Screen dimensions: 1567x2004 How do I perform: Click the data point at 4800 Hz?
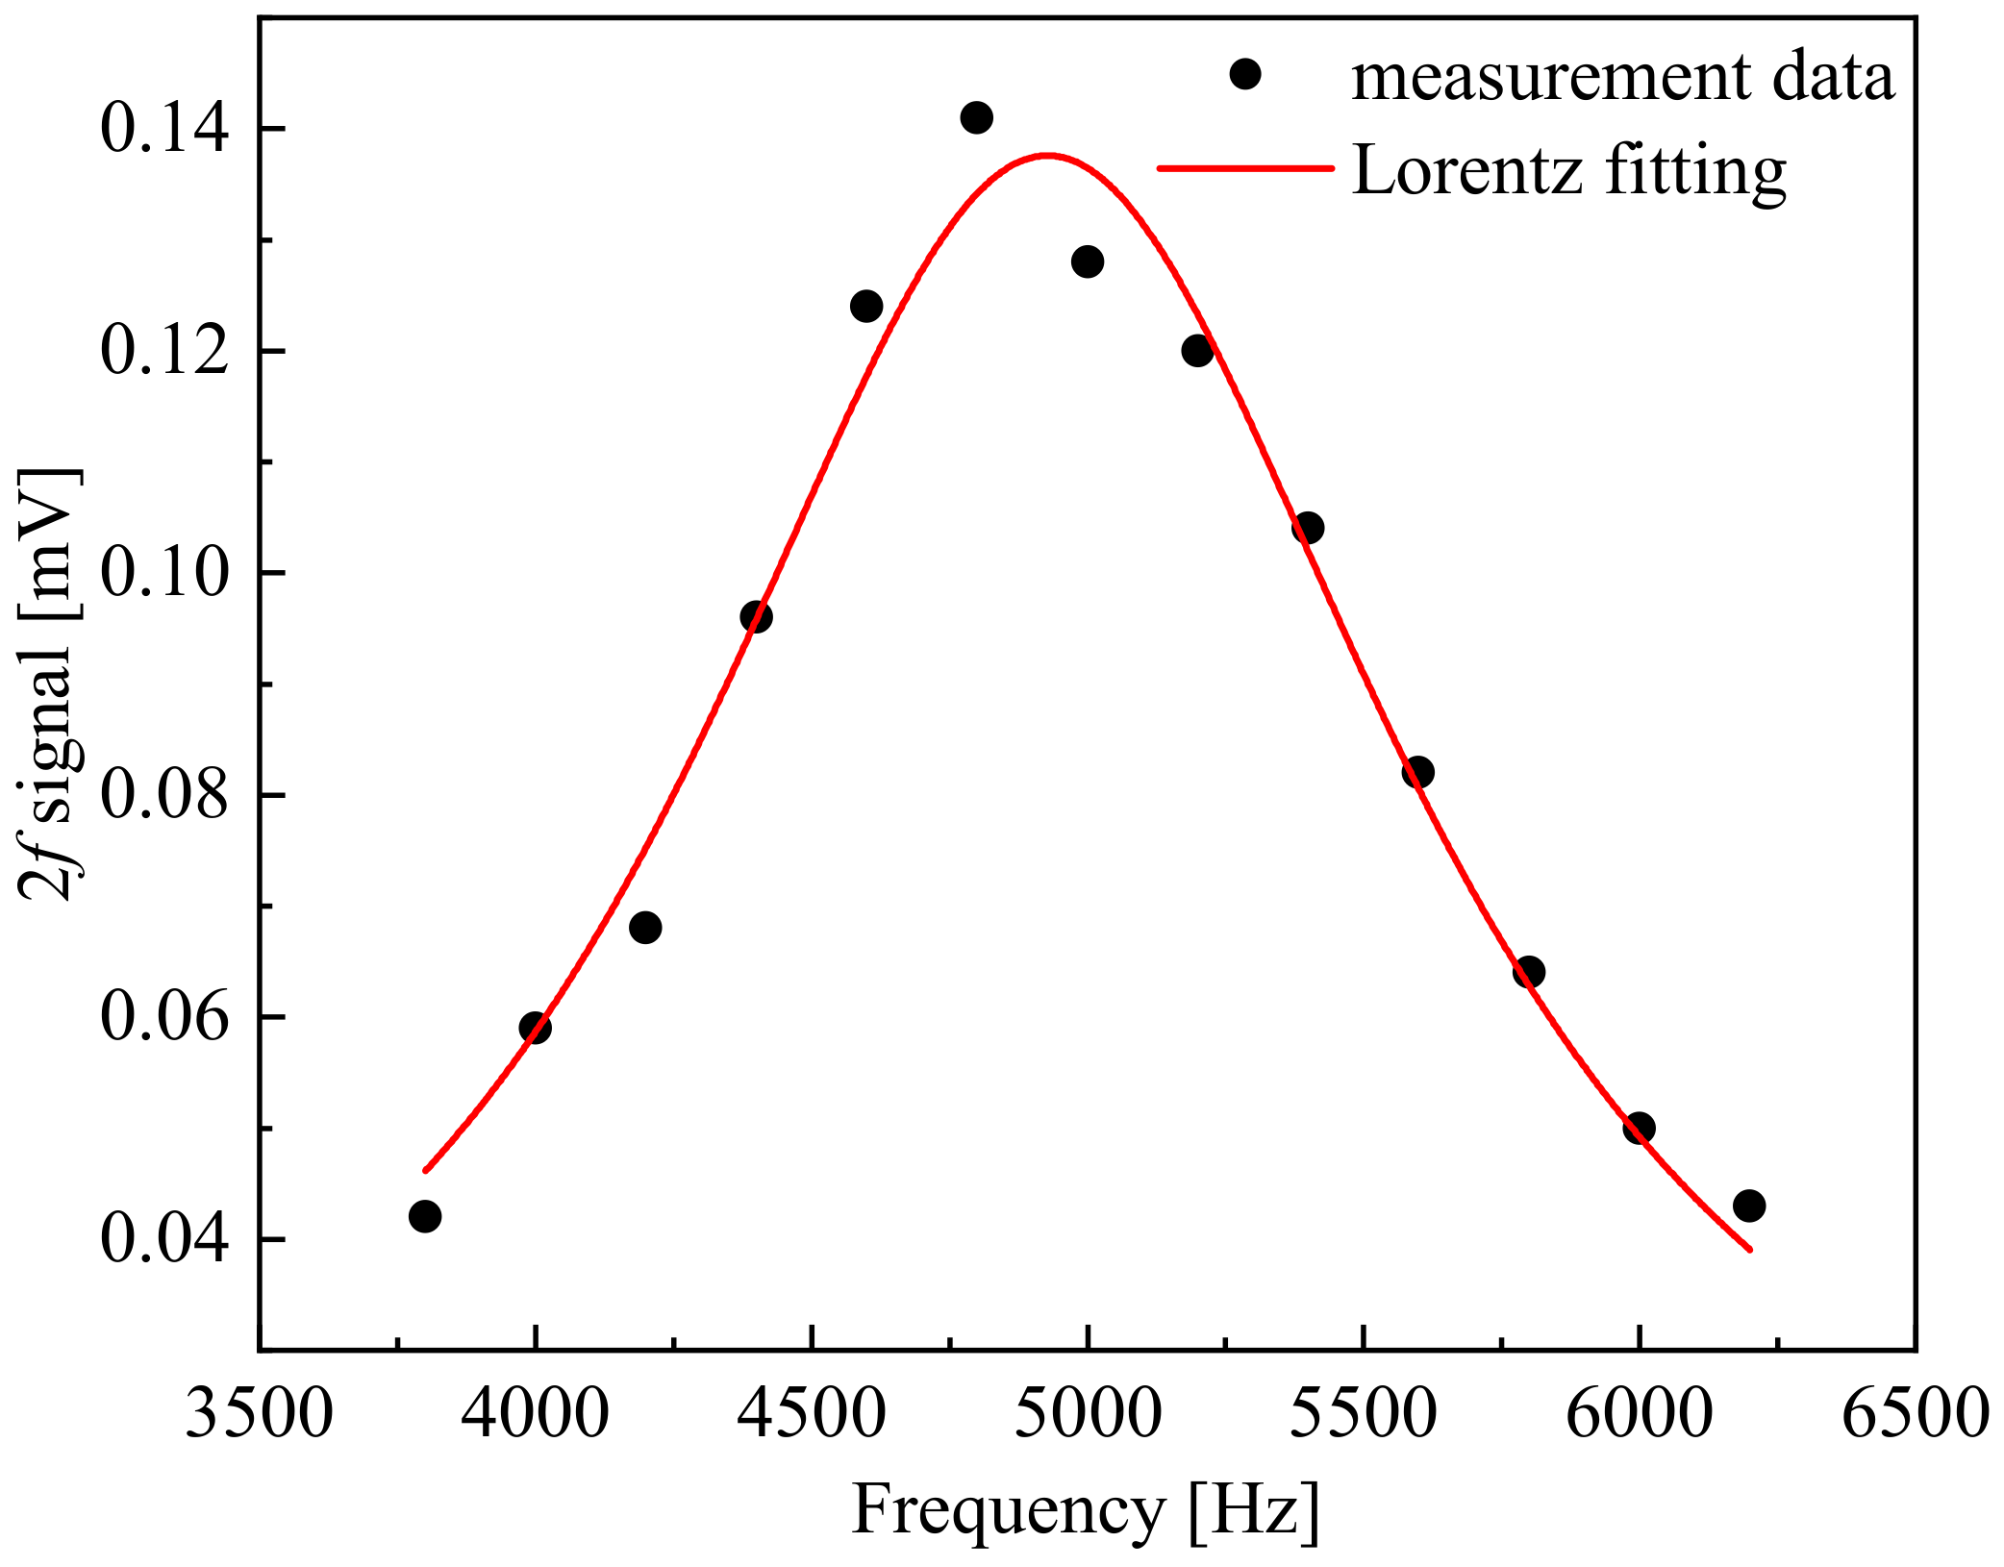pos(976,118)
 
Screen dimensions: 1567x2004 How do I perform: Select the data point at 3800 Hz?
pos(425,1216)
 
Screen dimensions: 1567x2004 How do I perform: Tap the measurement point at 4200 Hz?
pos(645,928)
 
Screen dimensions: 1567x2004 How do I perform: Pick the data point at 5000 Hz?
pos(1087,261)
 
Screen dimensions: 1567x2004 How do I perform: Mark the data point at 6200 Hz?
pos(1749,1206)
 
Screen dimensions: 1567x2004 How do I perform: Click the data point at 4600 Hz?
pos(866,307)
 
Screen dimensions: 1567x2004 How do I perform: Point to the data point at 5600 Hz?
pos(1417,772)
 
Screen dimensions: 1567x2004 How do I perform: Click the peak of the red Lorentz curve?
pos(1046,154)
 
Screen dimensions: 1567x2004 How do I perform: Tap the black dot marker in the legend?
pos(1245,74)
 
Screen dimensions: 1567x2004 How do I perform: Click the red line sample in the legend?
pos(1245,168)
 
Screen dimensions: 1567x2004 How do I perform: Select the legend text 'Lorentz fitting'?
pos(1568,171)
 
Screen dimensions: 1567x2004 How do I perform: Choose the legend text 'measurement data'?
pos(1622,77)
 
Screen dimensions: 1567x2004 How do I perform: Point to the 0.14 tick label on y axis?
pos(165,130)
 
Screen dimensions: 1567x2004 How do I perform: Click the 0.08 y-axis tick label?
pos(165,796)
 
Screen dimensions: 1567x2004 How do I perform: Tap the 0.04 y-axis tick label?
pos(165,1240)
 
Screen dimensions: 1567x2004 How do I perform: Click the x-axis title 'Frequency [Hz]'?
pos(1086,1509)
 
